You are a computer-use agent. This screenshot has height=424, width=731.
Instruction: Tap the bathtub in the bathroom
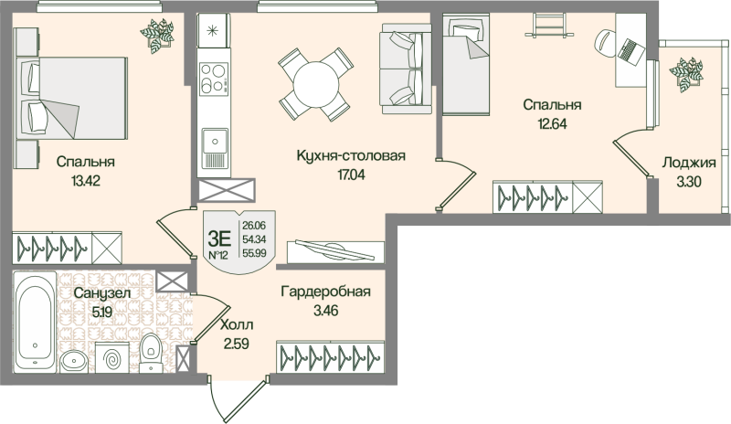[x=36, y=321]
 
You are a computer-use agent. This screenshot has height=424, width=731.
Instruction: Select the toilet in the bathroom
[x=152, y=350]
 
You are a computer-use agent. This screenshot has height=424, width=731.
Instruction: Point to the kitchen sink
[x=214, y=142]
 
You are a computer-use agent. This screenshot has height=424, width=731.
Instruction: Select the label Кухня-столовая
[x=351, y=156]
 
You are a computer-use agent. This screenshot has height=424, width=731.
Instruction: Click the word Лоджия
[x=687, y=164]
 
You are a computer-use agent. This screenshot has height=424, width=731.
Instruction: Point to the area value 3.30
[x=687, y=182]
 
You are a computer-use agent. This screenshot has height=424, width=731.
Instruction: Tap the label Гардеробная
[x=325, y=292]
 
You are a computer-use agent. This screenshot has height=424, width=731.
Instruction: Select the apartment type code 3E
[x=218, y=234]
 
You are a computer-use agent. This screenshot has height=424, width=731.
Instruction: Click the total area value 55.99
[x=256, y=254]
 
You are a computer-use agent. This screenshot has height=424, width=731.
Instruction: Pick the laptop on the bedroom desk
[x=631, y=46]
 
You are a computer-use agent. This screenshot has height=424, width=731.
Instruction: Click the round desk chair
[x=609, y=40]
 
